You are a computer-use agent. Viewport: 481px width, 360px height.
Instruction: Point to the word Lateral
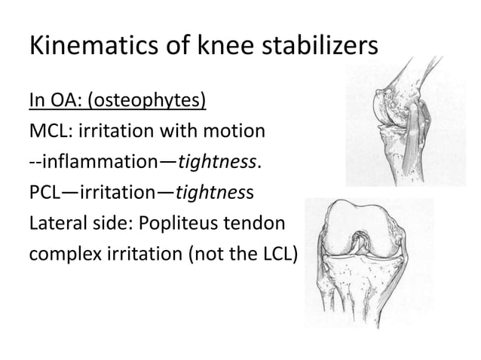tap(56, 224)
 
